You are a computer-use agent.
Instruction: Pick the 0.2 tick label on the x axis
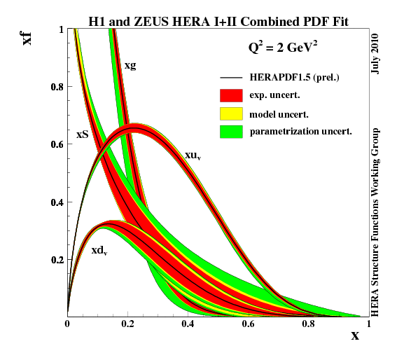click(x=127, y=324)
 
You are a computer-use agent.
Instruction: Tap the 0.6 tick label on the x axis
click(x=248, y=324)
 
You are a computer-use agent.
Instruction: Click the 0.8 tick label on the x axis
click(x=308, y=324)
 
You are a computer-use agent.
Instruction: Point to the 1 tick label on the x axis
click(x=368, y=324)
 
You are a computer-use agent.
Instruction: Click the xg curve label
click(x=130, y=65)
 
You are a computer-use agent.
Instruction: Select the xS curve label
click(x=82, y=134)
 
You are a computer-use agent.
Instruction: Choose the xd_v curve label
click(x=99, y=250)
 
